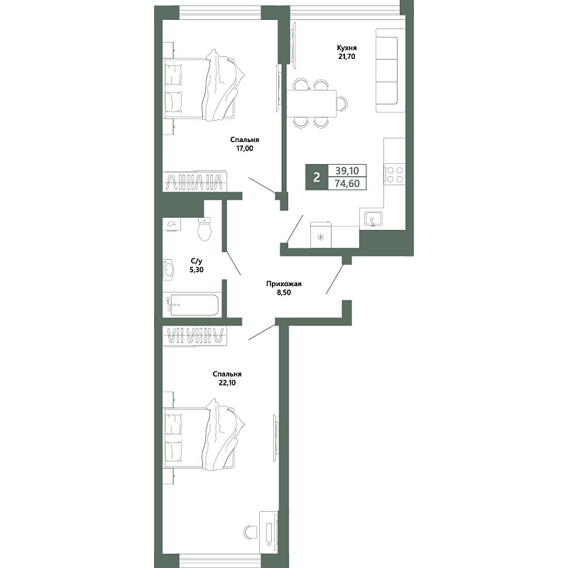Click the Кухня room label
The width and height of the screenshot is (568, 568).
pyautogui.click(x=346, y=48)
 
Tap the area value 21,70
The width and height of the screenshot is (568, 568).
pyautogui.click(x=346, y=57)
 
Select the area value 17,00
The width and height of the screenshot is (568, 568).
pyautogui.click(x=244, y=148)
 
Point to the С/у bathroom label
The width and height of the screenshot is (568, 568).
pyautogui.click(x=196, y=261)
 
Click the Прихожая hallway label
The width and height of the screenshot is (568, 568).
pyautogui.click(x=283, y=284)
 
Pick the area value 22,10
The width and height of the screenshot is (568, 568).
pyautogui.click(x=227, y=383)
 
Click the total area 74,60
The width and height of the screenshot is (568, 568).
pyautogui.click(x=347, y=183)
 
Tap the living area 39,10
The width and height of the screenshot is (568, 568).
pyautogui.click(x=347, y=170)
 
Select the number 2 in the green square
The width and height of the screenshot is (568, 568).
pyautogui.click(x=317, y=177)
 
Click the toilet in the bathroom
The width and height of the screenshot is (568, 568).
pyautogui.click(x=204, y=229)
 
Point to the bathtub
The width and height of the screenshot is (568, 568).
pyautogui.click(x=192, y=305)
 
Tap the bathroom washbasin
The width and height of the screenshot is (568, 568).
pyautogui.click(x=168, y=270)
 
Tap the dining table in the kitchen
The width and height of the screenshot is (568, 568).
pyautogui.click(x=312, y=104)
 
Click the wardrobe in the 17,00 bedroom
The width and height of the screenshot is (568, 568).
pyautogui.click(x=195, y=181)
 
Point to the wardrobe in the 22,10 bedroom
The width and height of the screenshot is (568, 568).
pyautogui.click(x=195, y=336)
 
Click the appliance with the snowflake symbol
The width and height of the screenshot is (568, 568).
pyautogui.click(x=321, y=235)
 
